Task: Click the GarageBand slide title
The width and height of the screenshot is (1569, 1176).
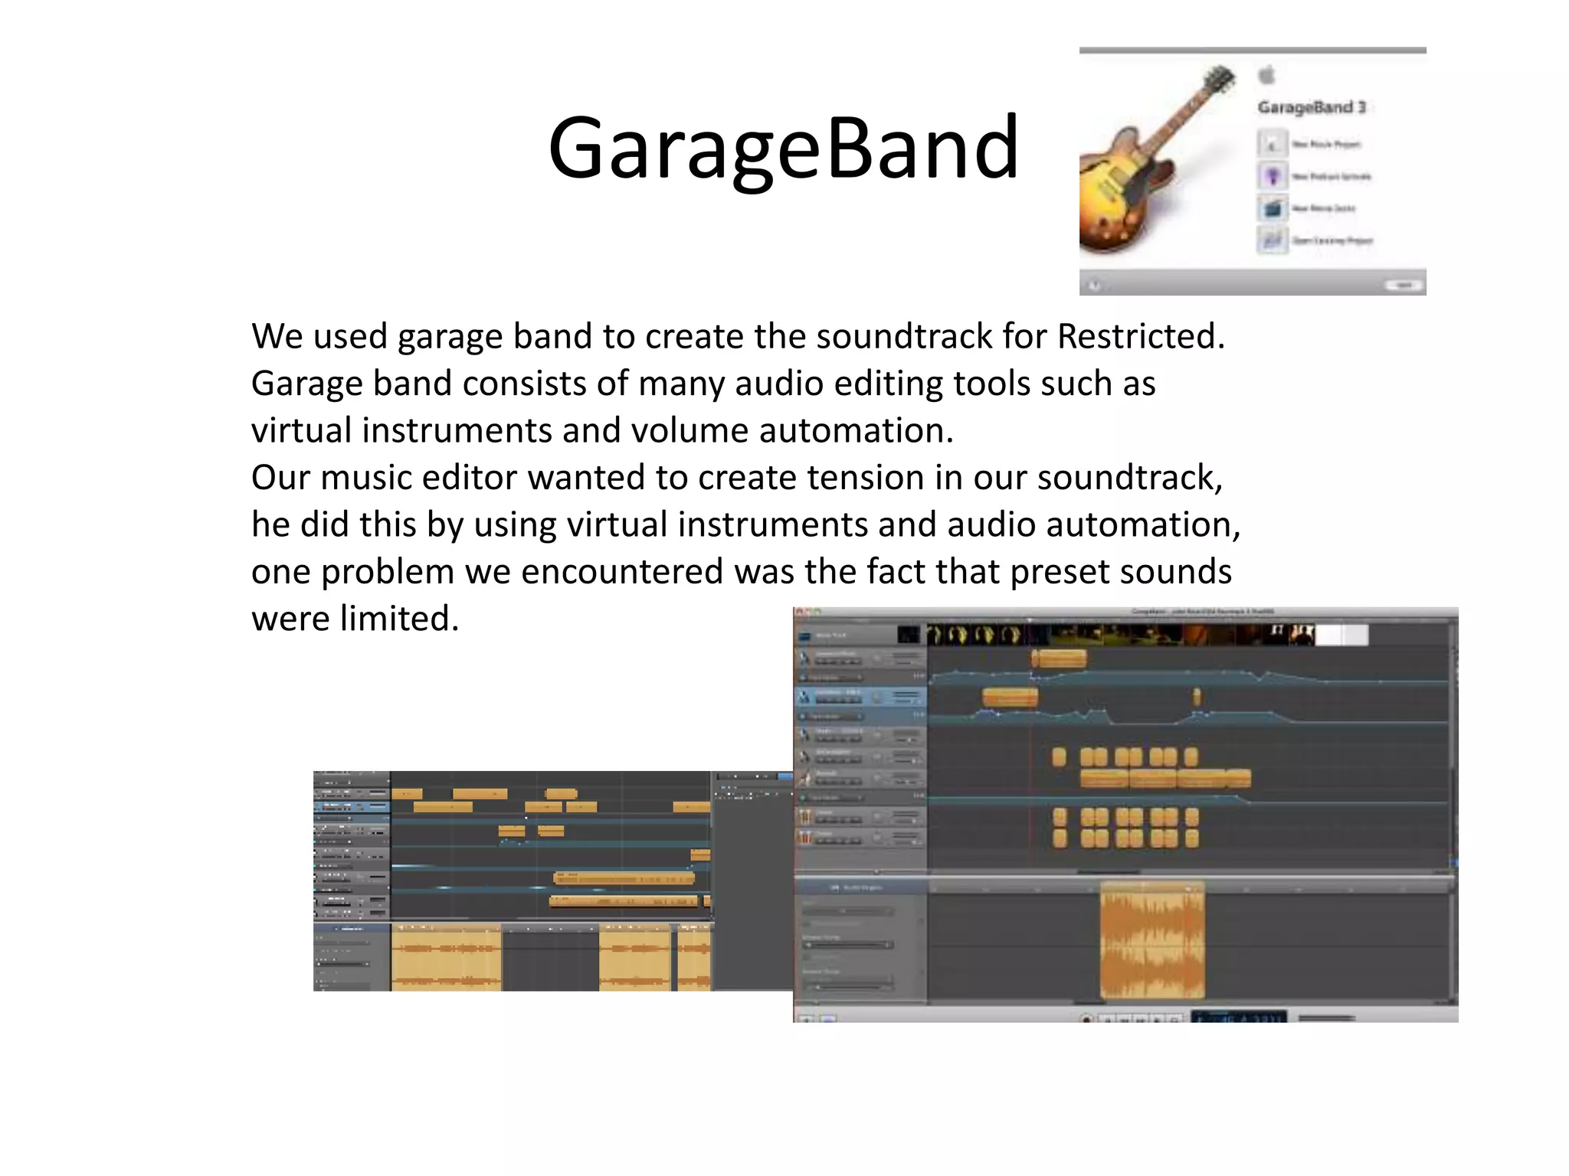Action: pos(783,147)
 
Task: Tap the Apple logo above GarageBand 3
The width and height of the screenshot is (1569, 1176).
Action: pos(1267,75)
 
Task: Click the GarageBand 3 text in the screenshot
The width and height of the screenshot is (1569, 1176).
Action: pos(1311,107)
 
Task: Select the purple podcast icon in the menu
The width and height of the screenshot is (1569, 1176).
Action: pos(1273,176)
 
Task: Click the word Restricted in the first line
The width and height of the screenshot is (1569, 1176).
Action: pos(1140,336)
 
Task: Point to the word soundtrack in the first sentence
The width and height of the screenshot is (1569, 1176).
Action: pos(903,336)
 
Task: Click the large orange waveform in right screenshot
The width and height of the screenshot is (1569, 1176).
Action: pos(1151,940)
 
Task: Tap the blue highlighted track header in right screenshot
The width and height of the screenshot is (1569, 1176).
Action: pos(860,697)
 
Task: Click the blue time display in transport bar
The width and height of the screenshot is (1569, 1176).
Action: pos(1238,1017)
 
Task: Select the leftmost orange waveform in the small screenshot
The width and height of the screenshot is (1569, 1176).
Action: pos(446,957)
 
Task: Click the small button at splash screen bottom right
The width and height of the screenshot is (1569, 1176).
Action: pos(1404,285)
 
